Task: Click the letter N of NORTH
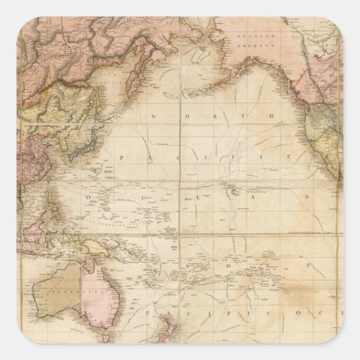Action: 154,116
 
